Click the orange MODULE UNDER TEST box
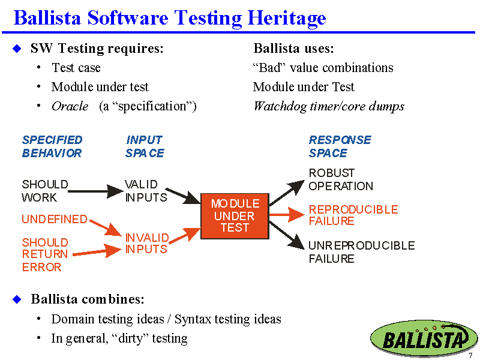tap(235, 216)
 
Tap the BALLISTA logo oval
tap(424, 338)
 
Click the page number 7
tap(470, 356)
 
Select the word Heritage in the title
tap(287, 19)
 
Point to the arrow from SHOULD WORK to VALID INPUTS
tap(96, 191)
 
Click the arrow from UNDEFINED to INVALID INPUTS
tap(106, 227)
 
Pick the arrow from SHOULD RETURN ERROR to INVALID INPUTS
tap(97, 251)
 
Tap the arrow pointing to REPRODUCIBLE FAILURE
tap(287, 214)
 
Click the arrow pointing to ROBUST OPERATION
tap(287, 193)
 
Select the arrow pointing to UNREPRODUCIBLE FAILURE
tap(287, 236)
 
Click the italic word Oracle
tap(70, 106)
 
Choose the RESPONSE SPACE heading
tap(340, 146)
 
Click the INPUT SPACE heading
tap(145, 146)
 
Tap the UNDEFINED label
tap(55, 219)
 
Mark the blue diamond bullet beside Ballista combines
tap(17, 299)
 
